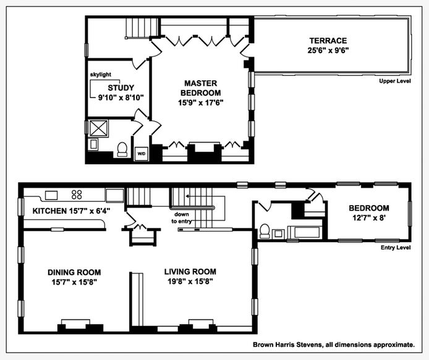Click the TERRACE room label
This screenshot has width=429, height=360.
tap(328, 41)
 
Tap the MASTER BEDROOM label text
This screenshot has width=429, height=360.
tap(200, 88)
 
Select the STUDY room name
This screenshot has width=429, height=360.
tap(121, 88)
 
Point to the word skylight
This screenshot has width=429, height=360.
tap(101, 74)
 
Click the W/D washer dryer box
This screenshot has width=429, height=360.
tap(142, 154)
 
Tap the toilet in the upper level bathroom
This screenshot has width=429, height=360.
tap(122, 149)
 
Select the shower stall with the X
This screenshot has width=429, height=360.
tap(98, 128)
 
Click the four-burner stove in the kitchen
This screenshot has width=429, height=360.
tap(77, 195)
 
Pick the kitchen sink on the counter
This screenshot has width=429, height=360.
tap(51, 196)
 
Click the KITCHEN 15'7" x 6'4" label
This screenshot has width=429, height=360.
tap(71, 211)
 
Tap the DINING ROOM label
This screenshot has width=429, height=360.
tap(74, 272)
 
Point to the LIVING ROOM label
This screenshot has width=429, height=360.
tap(190, 272)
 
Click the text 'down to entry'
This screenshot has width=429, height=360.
tap(181, 218)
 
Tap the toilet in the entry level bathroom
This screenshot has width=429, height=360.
tap(265, 231)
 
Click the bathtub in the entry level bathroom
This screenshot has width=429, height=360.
tap(305, 232)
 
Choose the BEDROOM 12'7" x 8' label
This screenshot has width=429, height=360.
tap(369, 213)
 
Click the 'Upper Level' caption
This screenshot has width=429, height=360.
tap(395, 81)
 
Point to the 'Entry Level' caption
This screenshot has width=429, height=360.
tap(396, 248)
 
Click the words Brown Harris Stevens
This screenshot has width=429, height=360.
tap(287, 345)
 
